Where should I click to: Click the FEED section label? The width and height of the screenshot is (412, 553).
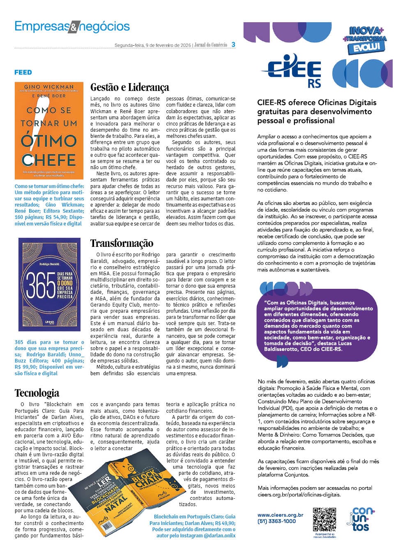(23, 72)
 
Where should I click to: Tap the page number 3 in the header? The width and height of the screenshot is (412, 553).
(233, 44)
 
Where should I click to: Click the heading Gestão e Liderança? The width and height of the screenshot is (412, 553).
(129, 87)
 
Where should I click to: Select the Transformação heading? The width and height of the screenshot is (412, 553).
(122, 243)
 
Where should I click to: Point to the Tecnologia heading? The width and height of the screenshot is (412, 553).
(37, 393)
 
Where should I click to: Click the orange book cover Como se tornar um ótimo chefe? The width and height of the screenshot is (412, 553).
(49, 130)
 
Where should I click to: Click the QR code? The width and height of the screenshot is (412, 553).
(325, 520)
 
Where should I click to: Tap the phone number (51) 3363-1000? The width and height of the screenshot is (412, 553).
(276, 521)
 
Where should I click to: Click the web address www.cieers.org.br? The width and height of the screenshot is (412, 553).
(280, 515)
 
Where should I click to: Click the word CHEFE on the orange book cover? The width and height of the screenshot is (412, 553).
(49, 160)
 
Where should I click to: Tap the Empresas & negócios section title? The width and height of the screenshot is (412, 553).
(72, 26)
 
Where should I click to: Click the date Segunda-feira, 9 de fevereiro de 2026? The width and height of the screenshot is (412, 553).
(152, 45)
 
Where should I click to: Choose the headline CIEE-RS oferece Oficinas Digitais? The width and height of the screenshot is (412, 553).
(317, 112)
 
